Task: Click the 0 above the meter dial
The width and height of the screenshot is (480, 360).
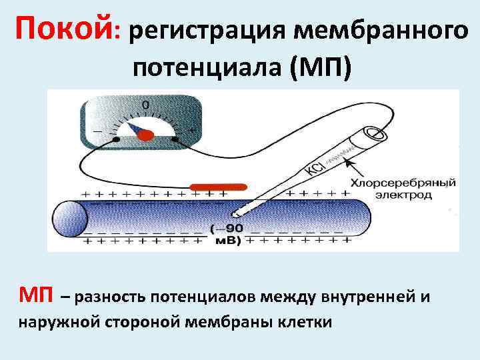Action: [145, 105]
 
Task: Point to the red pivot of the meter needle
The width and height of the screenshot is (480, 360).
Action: [145, 135]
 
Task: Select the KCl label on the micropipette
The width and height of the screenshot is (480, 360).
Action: [315, 167]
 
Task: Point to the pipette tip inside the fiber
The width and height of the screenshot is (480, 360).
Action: [235, 214]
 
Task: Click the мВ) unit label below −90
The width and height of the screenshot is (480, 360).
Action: [227, 242]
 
